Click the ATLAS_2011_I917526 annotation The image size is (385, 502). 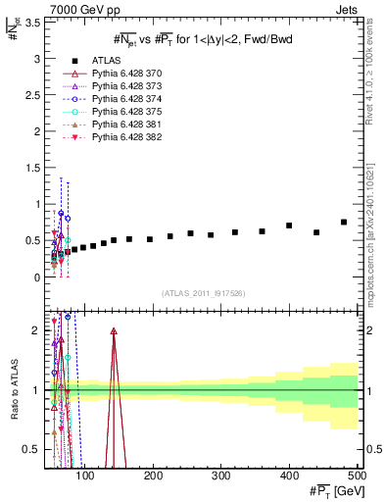204,293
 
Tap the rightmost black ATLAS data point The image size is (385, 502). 344,223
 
